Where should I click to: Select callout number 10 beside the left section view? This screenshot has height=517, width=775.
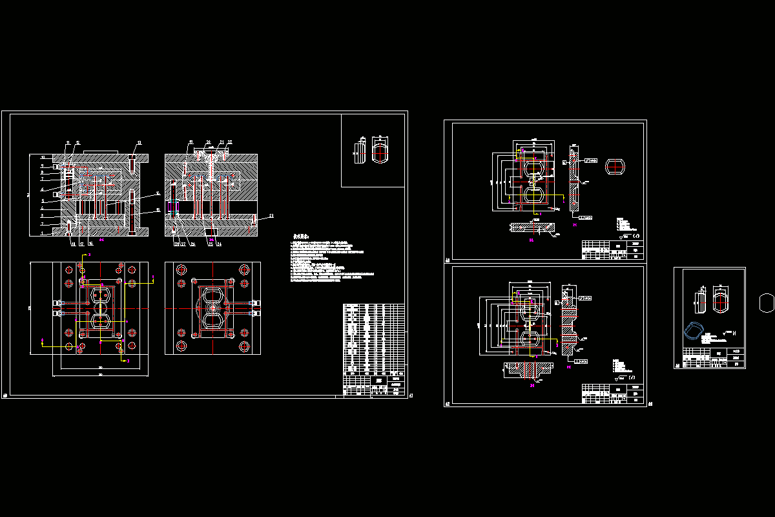(43, 156)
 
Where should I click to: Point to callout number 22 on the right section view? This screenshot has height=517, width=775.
(230, 142)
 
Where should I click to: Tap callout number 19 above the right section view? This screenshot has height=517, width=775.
(191, 142)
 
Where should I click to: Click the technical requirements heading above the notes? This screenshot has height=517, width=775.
(302, 237)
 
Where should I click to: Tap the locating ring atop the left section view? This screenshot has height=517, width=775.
(97, 152)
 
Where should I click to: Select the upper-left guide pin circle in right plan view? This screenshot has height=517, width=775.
(181, 269)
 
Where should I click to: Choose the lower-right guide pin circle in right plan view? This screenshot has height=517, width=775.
(245, 346)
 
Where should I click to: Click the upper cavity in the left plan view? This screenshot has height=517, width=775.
(99, 296)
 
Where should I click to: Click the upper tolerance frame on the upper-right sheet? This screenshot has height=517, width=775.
(592, 160)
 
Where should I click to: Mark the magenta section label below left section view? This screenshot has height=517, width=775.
(101, 240)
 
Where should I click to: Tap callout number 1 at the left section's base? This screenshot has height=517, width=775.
(43, 233)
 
